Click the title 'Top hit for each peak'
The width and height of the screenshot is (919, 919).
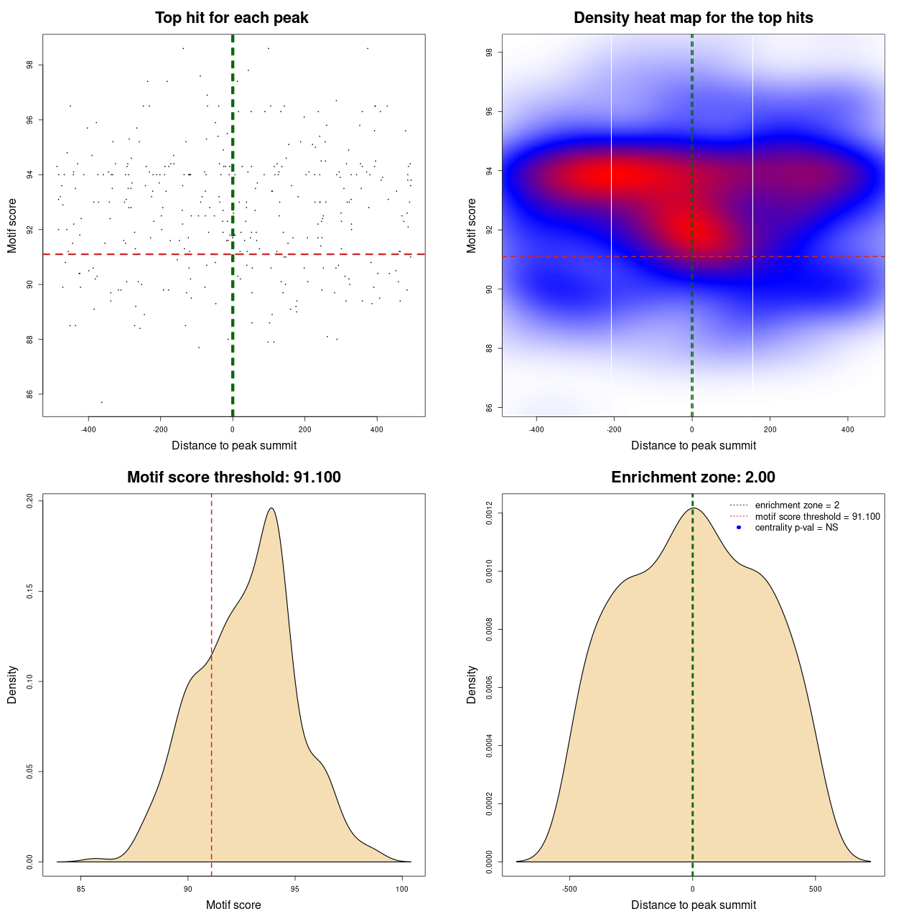point(231,18)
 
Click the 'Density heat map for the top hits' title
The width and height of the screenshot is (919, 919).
point(693,18)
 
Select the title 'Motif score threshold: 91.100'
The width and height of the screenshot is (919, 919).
point(233,477)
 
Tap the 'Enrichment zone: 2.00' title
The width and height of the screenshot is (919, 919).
point(693,477)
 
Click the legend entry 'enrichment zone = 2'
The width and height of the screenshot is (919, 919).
point(797,505)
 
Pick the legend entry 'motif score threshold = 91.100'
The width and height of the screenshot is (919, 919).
point(817,516)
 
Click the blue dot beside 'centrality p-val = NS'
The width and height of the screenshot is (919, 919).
point(739,528)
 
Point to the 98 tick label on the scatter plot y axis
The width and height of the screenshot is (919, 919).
point(29,65)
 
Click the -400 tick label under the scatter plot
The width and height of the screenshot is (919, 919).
point(88,430)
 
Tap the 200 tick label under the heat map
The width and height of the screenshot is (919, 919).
point(770,430)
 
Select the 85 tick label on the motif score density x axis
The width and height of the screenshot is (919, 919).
point(80,890)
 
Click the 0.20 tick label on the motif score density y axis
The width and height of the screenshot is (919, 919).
point(29,500)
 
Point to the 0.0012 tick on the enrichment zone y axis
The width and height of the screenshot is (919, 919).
point(489,513)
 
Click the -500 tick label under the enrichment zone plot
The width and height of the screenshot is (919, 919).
point(569,890)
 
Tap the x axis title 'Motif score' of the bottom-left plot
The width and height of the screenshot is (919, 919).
point(233,905)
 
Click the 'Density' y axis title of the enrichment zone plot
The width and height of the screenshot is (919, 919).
point(472,684)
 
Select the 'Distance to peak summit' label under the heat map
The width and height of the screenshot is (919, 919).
point(693,446)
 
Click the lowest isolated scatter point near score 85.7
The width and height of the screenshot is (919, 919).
point(101,402)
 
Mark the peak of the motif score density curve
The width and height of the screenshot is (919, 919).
point(271,508)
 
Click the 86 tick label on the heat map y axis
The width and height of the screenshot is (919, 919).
point(489,408)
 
